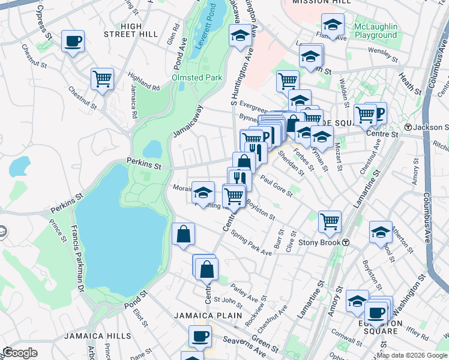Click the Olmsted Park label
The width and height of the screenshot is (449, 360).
pyautogui.click(x=197, y=77)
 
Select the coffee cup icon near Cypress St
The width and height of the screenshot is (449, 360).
pyautogui.click(x=73, y=41)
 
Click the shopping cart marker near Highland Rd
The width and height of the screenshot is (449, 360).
pyautogui.click(x=103, y=79)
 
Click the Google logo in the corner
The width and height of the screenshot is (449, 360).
pyautogui.click(x=20, y=353)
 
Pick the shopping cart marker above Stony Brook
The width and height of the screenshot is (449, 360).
pyautogui.click(x=330, y=221)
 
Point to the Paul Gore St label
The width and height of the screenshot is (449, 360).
pyautogui.click(x=276, y=185)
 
